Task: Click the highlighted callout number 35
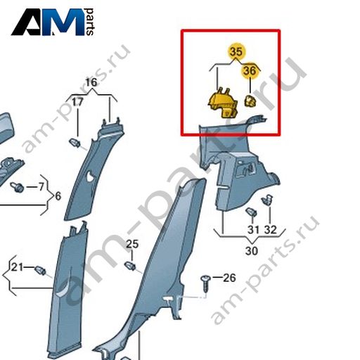click(x=236, y=51)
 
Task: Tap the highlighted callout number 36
click(x=250, y=70)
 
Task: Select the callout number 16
click(x=91, y=82)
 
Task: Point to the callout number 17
click(x=77, y=102)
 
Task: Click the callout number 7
click(x=41, y=187)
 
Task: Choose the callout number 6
click(x=58, y=196)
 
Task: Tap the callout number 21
click(x=17, y=267)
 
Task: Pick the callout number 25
click(x=132, y=244)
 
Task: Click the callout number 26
click(x=229, y=278)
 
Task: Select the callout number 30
click(x=252, y=251)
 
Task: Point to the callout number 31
click(x=253, y=230)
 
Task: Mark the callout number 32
click(x=271, y=230)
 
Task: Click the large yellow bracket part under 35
click(x=223, y=103)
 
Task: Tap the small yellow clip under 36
click(x=250, y=101)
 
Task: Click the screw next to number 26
click(x=206, y=283)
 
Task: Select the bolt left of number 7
click(x=17, y=187)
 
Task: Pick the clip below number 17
click(x=75, y=143)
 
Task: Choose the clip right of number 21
click(x=40, y=270)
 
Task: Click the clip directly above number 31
click(x=251, y=212)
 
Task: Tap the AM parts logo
click(x=53, y=22)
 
